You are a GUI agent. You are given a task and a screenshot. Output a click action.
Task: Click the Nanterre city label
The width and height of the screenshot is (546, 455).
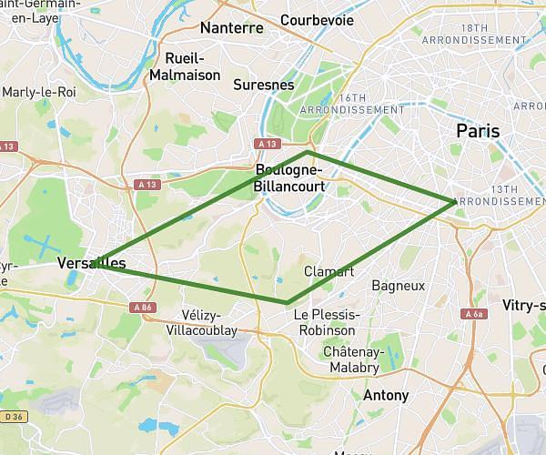pos(231,27)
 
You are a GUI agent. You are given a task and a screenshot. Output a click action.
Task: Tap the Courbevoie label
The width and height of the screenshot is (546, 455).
pos(316,19)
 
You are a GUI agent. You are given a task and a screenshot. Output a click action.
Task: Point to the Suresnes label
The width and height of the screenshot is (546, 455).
pos(264,85)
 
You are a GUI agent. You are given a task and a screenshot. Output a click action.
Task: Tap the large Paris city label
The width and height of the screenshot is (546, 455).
pos(478,131)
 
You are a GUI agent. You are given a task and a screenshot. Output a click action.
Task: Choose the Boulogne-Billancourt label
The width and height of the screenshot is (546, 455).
pos(289,177)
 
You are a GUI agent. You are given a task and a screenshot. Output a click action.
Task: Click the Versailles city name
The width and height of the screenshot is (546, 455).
pos(91,263)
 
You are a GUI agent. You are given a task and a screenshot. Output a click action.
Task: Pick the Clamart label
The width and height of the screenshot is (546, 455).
pos(329,271)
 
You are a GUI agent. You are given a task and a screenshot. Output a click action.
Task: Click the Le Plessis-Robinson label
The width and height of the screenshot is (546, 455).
pos(327,322)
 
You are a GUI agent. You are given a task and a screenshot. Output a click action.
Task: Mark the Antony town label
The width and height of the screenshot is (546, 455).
pos(386,396)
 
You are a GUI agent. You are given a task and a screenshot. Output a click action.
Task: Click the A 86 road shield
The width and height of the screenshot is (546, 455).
pos(142,308)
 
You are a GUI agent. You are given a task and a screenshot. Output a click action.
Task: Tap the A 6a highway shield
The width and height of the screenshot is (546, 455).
pos(472,314)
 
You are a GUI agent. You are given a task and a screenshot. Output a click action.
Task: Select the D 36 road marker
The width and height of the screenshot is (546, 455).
pos(11,417)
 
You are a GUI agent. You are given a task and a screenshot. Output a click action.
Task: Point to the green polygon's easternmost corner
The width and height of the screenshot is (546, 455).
pos(454,201)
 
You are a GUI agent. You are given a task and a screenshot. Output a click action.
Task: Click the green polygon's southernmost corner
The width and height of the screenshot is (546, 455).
pos(287,302)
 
